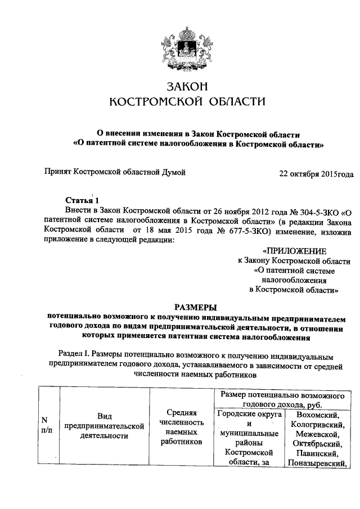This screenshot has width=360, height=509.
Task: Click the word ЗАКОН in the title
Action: tap(187, 87)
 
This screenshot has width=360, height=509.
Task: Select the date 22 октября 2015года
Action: tap(317, 174)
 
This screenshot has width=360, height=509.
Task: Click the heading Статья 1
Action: tap(82, 200)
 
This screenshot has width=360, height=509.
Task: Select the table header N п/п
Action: tap(44, 425)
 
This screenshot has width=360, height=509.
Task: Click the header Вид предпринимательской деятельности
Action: tap(104, 425)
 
